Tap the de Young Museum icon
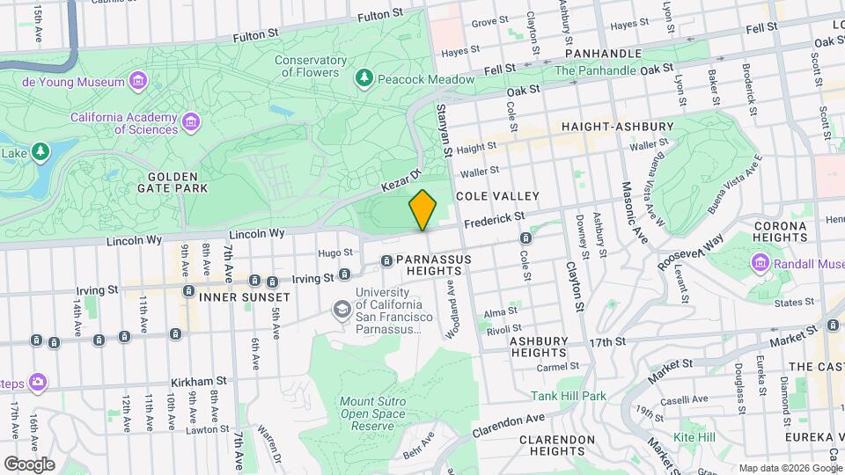click(x=137, y=82)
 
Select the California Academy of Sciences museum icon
click(x=191, y=123)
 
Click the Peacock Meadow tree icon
click(x=364, y=79)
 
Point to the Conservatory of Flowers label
click(x=310, y=66)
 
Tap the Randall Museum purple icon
click(x=759, y=263)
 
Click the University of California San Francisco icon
click(x=341, y=310)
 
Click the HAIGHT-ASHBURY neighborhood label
click(x=618, y=127)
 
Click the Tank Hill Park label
click(x=568, y=396)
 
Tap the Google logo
click(x=29, y=464)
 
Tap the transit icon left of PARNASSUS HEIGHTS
click(x=386, y=260)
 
